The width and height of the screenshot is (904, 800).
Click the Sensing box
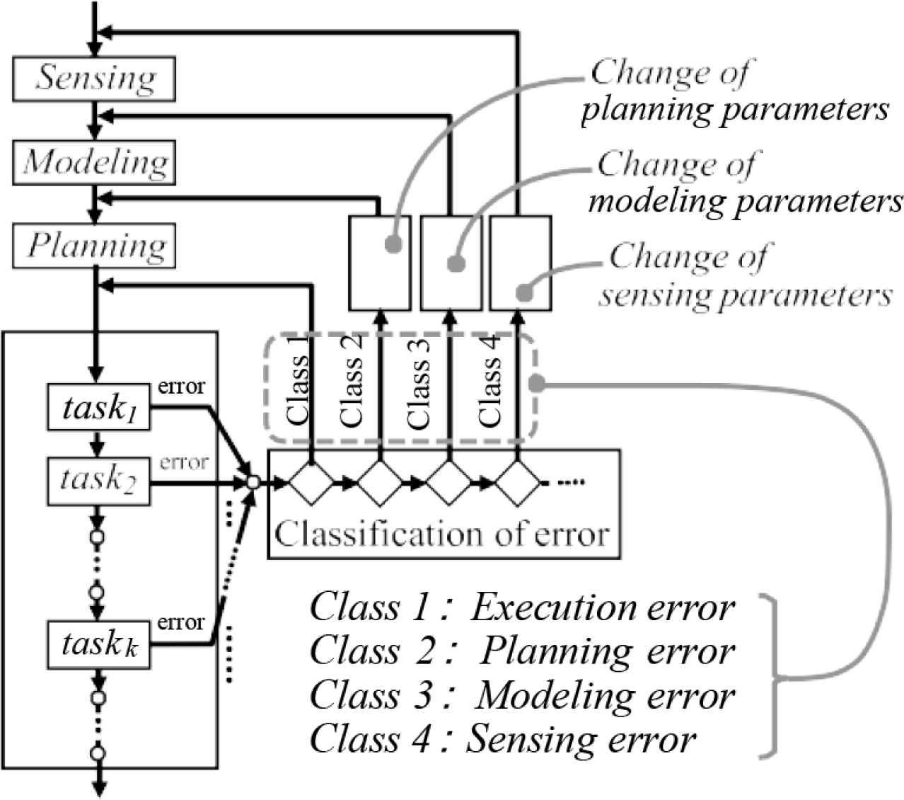96,78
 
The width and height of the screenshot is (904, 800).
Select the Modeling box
96,163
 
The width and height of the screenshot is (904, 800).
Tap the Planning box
96,246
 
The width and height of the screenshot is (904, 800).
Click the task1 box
98,407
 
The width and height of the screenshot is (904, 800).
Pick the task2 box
98,481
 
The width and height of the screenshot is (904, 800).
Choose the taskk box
98,644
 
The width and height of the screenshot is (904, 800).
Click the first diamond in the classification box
311,484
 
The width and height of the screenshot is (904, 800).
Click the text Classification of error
442,533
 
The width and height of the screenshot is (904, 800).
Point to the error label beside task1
181,387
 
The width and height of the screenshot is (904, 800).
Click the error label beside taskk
181,622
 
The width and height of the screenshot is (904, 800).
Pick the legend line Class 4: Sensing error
503,740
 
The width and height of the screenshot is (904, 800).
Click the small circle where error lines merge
252,484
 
